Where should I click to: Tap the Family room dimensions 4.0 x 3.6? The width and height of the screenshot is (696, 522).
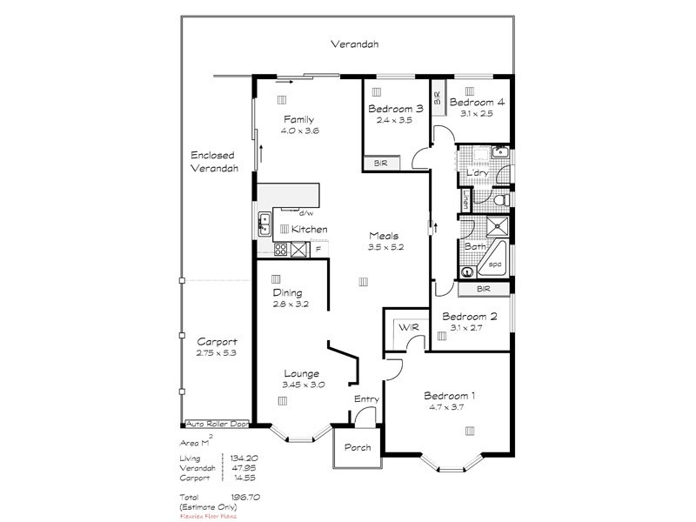(299, 130)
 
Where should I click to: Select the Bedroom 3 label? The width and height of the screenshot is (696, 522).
(395, 109)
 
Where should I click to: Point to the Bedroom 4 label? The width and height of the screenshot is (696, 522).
(477, 102)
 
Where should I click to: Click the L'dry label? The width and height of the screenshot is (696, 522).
(477, 172)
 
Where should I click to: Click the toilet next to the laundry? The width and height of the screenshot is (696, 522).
(499, 201)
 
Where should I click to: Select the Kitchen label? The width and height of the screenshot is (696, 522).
(309, 229)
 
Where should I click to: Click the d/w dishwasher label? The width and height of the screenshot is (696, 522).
(305, 212)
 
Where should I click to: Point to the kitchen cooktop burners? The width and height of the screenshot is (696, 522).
(281, 250)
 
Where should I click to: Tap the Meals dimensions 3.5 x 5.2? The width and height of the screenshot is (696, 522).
(386, 247)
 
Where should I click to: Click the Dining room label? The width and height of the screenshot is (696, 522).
(287, 292)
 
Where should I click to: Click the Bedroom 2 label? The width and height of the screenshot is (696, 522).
(469, 317)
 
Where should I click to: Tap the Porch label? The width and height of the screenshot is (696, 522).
(357, 447)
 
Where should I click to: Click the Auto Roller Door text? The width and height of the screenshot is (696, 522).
(216, 425)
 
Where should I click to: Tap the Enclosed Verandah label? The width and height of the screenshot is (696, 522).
(214, 162)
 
